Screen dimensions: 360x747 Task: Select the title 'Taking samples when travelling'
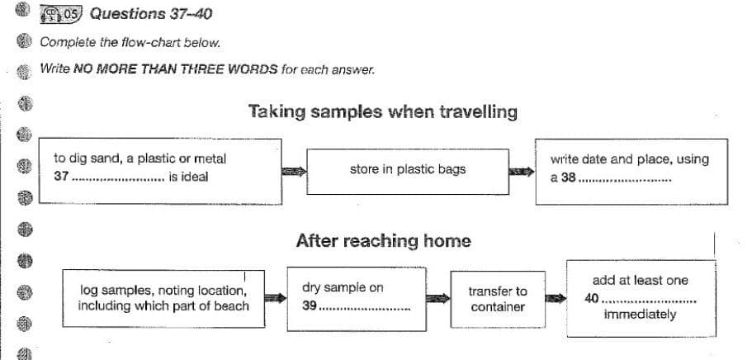383,111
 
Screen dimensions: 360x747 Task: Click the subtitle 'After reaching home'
383,241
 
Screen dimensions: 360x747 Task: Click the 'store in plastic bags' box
407,169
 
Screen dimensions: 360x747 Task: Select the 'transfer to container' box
498,299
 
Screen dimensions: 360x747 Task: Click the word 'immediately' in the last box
640,315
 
